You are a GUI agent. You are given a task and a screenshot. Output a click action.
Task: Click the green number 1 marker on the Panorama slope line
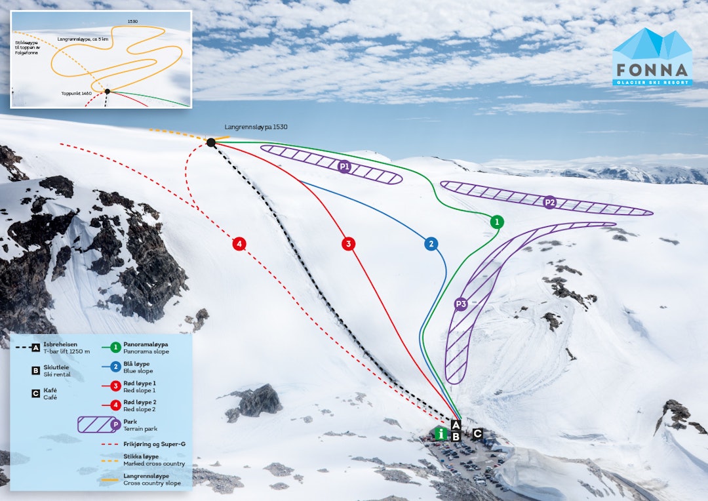click(497, 222)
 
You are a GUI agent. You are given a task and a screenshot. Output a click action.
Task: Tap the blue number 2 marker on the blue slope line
click(431, 244)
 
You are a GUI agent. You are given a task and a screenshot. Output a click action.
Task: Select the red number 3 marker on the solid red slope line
click(348, 244)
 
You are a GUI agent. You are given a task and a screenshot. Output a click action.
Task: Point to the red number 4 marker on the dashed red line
click(240, 244)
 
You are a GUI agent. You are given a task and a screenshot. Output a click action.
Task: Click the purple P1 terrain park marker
click(344, 167)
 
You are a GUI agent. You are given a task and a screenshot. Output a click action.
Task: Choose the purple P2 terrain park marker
click(550, 203)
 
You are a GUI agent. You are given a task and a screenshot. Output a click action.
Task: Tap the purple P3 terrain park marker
click(460, 304)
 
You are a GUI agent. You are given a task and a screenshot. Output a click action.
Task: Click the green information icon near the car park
click(442, 433)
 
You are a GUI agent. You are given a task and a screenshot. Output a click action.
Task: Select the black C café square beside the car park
click(477, 433)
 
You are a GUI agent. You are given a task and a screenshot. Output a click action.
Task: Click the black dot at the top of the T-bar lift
click(211, 142)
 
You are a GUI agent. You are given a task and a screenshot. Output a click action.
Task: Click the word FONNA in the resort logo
click(652, 70)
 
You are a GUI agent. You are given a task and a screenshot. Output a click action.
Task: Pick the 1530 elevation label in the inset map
click(133, 22)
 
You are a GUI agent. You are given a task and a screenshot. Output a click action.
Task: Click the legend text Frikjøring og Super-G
click(154, 444)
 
